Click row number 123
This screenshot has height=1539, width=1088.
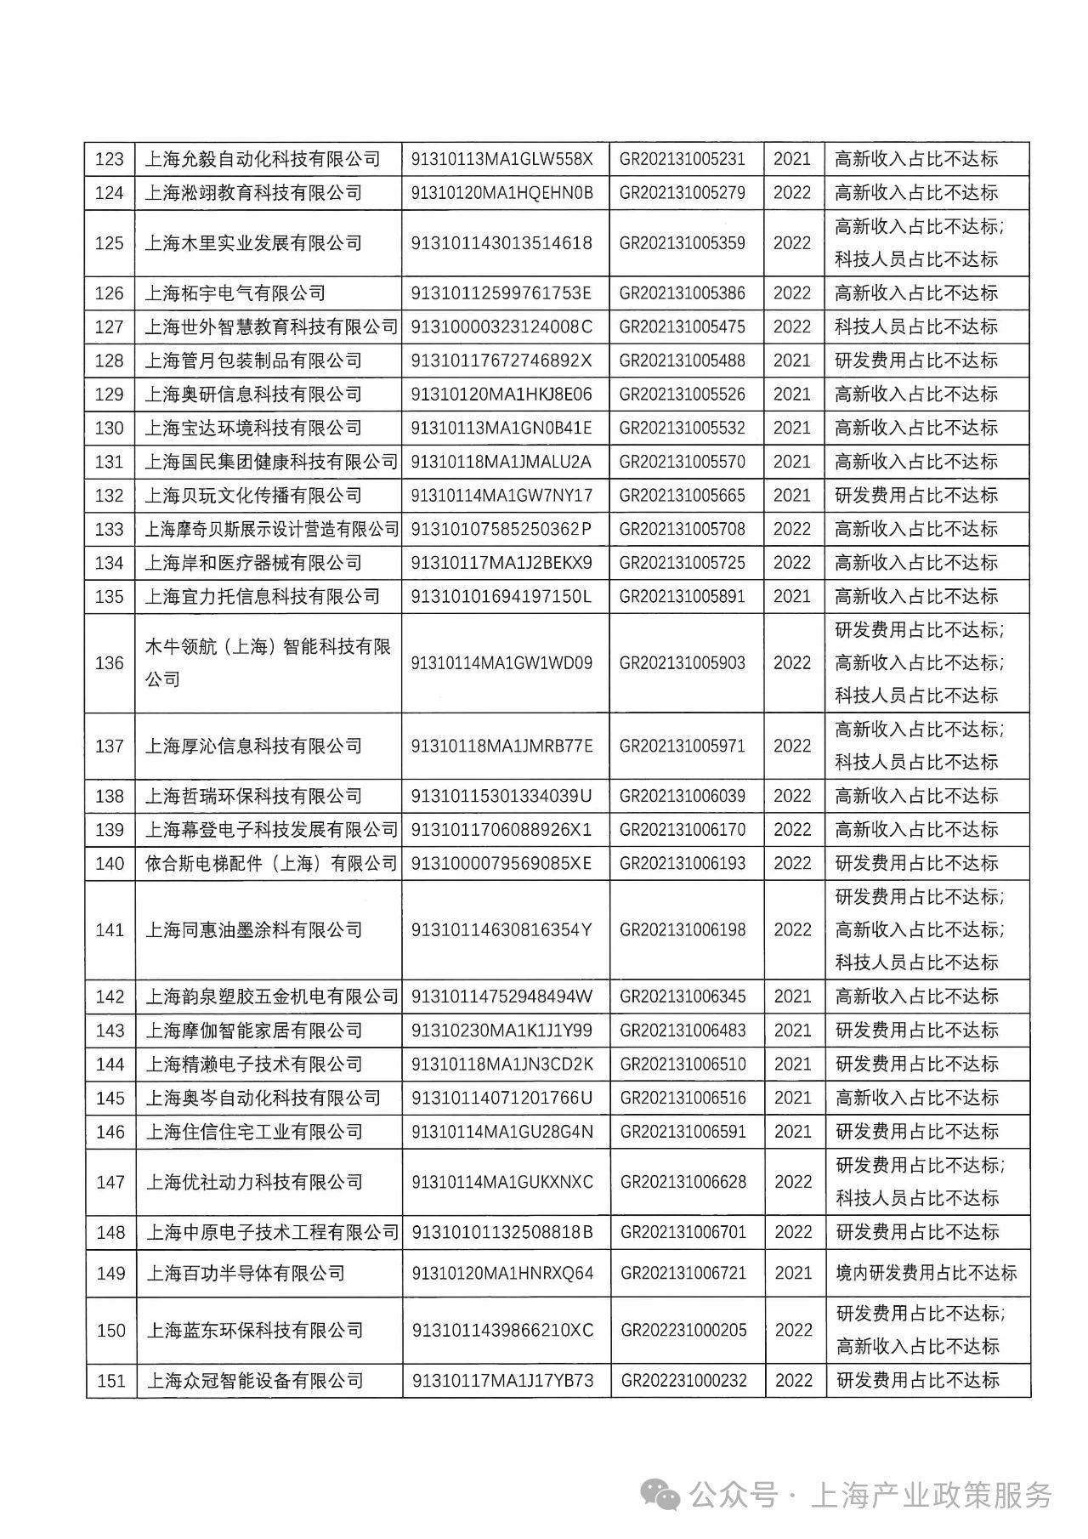click(x=110, y=159)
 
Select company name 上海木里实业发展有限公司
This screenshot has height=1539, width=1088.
click(x=253, y=243)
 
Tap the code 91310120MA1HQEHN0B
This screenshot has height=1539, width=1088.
click(x=501, y=193)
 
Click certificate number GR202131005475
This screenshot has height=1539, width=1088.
click(x=683, y=327)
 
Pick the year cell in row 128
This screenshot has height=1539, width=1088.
click(x=792, y=361)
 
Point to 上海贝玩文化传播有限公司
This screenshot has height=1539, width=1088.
click(x=253, y=496)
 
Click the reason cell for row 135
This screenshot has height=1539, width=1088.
click(x=916, y=596)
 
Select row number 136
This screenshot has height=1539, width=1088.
click(x=110, y=663)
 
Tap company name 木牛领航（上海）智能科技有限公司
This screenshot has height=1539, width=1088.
click(x=267, y=663)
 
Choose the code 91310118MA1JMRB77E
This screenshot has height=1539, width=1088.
click(x=501, y=747)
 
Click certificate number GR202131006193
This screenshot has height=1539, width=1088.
click(x=683, y=864)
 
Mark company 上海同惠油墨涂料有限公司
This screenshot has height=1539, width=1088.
click(x=253, y=930)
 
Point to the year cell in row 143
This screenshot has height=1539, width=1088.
click(x=792, y=1031)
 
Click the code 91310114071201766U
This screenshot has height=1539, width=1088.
click(x=501, y=1098)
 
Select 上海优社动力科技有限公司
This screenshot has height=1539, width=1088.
click(x=253, y=1182)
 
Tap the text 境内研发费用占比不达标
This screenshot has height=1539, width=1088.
click(x=926, y=1273)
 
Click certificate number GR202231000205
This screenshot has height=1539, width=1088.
click(x=683, y=1330)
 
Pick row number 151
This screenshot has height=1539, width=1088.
click(x=110, y=1381)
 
